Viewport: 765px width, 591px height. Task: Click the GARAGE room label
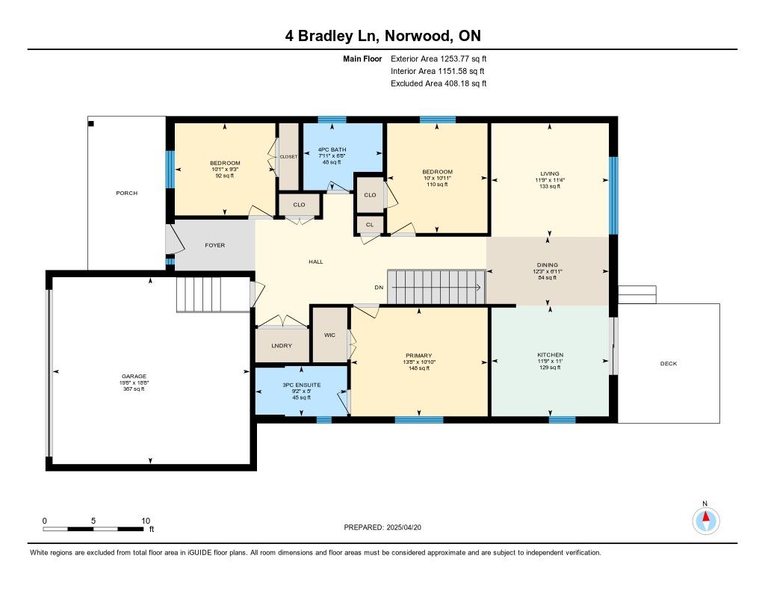[134, 377]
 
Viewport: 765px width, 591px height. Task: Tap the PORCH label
[127, 194]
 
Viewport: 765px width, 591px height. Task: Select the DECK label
[669, 364]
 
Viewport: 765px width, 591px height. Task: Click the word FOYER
[214, 246]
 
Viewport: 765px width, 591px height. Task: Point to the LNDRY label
[282, 346]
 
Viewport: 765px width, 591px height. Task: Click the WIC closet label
[329, 335]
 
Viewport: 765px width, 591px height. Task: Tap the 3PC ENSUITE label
[302, 385]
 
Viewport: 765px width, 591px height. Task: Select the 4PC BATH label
[332, 150]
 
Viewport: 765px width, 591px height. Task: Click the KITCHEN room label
[551, 355]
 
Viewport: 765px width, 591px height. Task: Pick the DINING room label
[548, 265]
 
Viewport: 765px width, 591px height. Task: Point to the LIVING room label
[550, 174]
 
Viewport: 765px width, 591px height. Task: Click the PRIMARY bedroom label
[418, 356]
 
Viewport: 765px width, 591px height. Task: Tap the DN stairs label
[379, 288]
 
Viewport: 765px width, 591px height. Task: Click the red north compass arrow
[705, 516]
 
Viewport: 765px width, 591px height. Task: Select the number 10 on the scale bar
[146, 521]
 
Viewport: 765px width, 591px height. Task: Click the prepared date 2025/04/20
[404, 527]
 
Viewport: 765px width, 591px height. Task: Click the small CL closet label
[370, 225]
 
